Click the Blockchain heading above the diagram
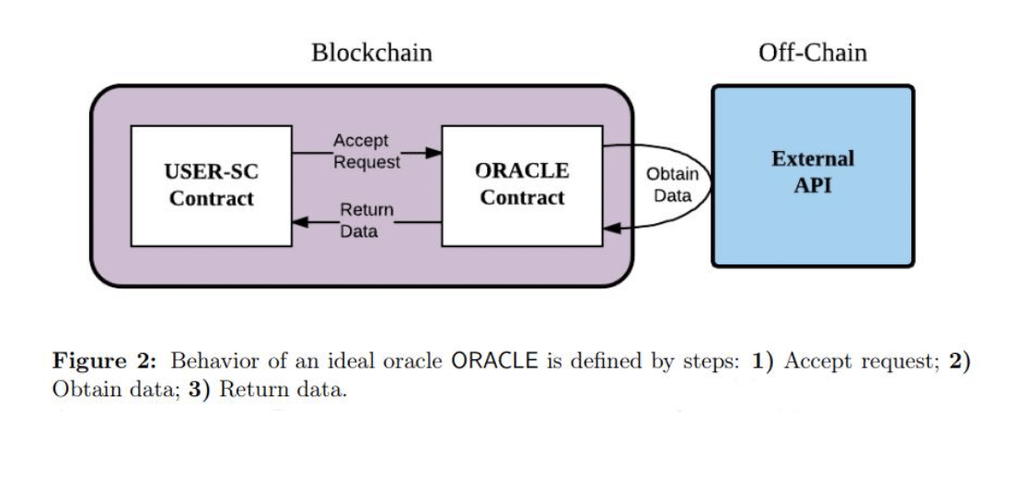point(371,53)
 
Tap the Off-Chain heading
point(812,53)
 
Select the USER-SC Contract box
point(212,185)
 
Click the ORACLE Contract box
point(522,185)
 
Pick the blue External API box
point(813,176)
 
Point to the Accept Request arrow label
point(366,152)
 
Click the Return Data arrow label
point(366,221)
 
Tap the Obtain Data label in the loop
point(672,185)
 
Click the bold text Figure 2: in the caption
point(108,361)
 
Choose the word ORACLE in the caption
point(494,361)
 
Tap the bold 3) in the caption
point(201,389)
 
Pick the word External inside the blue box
point(813,158)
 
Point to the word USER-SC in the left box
point(212,171)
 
